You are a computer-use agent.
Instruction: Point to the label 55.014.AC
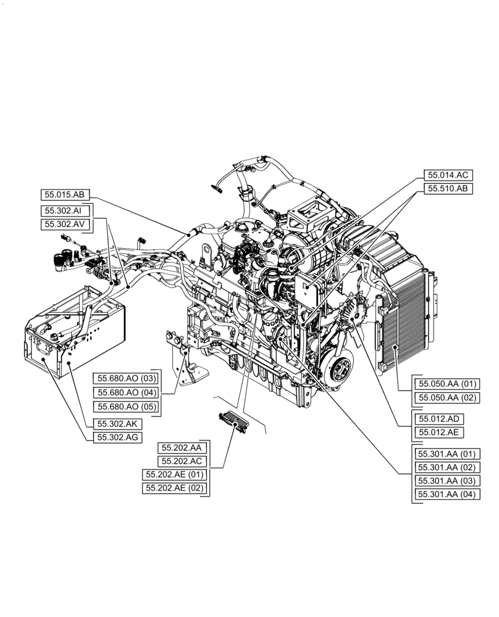[448, 175]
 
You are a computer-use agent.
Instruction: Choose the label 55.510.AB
[448, 189]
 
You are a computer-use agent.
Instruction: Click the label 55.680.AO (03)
[126, 378]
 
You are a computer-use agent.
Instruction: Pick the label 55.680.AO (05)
[126, 407]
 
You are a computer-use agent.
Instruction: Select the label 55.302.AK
[117, 424]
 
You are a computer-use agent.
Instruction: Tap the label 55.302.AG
[117, 437]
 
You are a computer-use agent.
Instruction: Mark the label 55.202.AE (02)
[175, 488]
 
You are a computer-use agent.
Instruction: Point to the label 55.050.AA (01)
[446, 384]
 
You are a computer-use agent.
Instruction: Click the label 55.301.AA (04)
[446, 494]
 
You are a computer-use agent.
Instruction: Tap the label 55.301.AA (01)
[446, 453]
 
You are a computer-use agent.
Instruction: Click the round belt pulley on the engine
[339, 372]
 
